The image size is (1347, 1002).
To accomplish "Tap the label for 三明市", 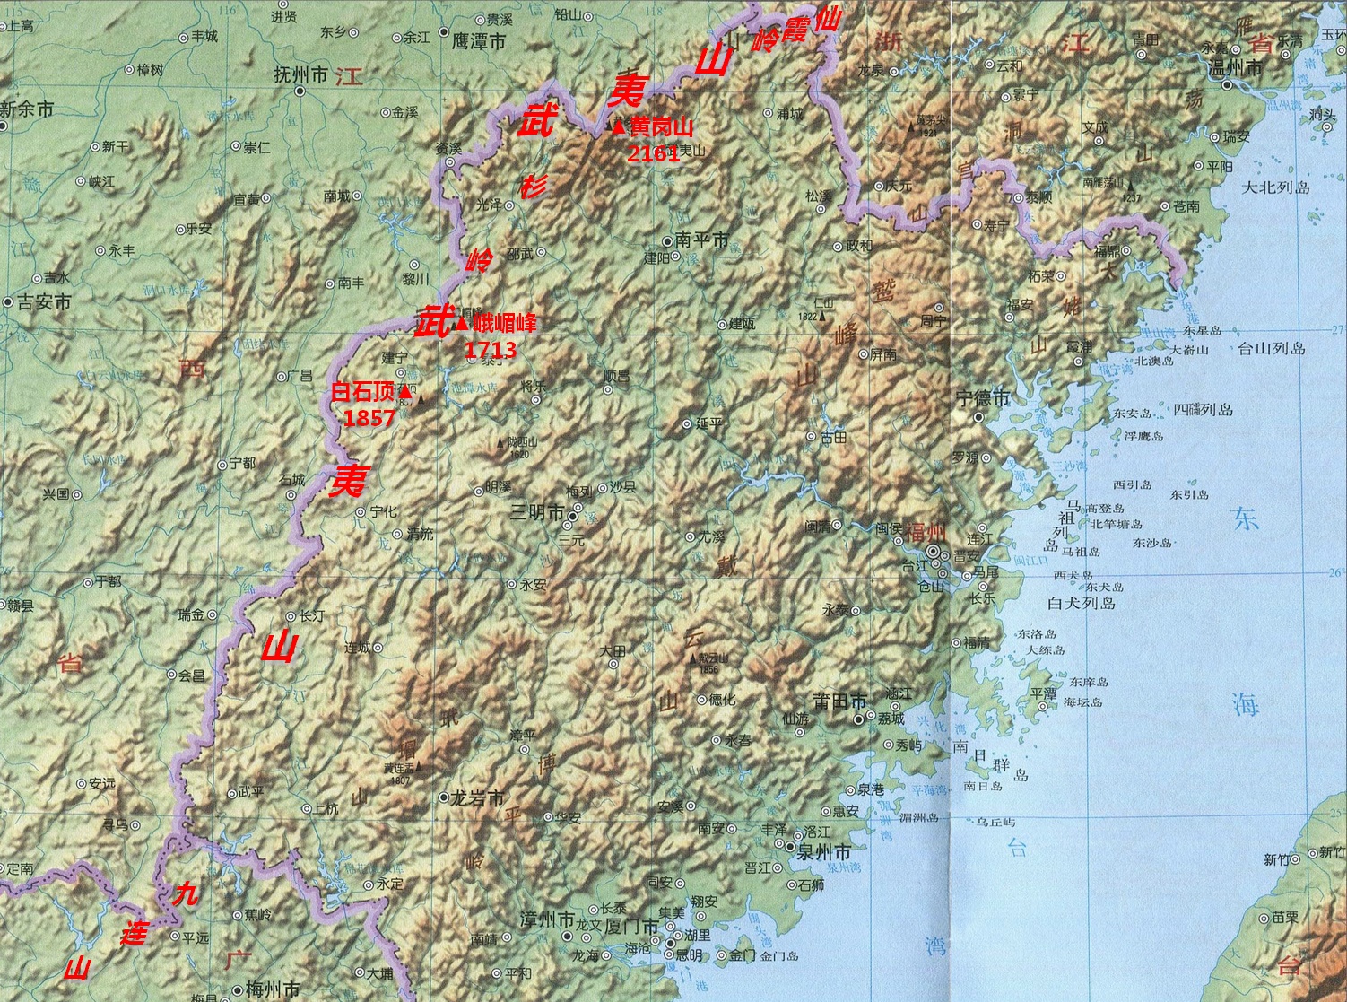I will pyautogui.click(x=537, y=513).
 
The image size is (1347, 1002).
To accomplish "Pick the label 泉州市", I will pyautogui.click(x=824, y=852).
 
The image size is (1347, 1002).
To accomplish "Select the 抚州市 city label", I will pyautogui.click(x=300, y=76).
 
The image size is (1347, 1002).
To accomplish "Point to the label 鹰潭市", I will pyautogui.click(x=479, y=41).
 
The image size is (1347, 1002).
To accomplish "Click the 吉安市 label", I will pyautogui.click(x=43, y=302).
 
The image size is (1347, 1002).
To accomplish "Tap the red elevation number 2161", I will pyautogui.click(x=653, y=153).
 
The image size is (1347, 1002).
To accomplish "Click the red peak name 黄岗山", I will pyautogui.click(x=661, y=128).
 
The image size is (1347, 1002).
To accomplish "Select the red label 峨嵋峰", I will pyautogui.click(x=504, y=323).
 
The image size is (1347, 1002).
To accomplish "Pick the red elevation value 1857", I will pyautogui.click(x=369, y=418).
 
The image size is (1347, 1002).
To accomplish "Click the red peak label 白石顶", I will pyautogui.click(x=363, y=392).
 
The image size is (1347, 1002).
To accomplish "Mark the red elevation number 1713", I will pyautogui.click(x=491, y=349).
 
